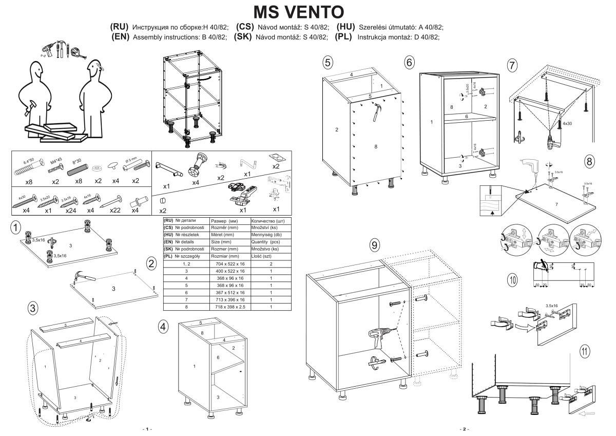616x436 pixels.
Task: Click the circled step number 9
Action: pos(375,245)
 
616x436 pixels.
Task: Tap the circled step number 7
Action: pos(511,65)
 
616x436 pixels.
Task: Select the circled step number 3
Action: pos(33,308)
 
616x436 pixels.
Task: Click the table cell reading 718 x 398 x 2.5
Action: pos(230,307)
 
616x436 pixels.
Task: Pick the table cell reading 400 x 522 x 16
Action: pos(230,271)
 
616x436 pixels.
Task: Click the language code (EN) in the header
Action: pos(121,37)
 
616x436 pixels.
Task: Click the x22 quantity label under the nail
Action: pos(115,210)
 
